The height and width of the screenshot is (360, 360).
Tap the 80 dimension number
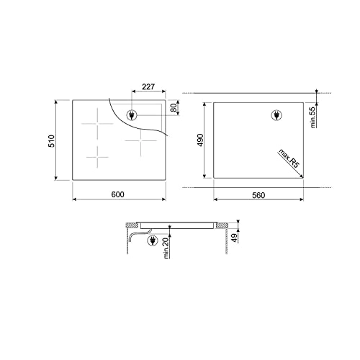(x=173, y=108)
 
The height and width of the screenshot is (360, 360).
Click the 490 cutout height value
(x=201, y=140)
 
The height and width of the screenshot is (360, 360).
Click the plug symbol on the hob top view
(x=132, y=115)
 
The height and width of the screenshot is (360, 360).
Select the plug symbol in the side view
(x=153, y=242)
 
